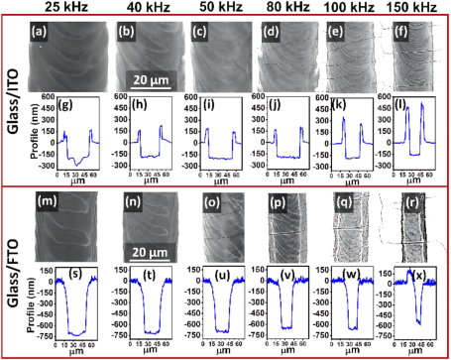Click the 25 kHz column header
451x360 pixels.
click(x=70, y=11)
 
